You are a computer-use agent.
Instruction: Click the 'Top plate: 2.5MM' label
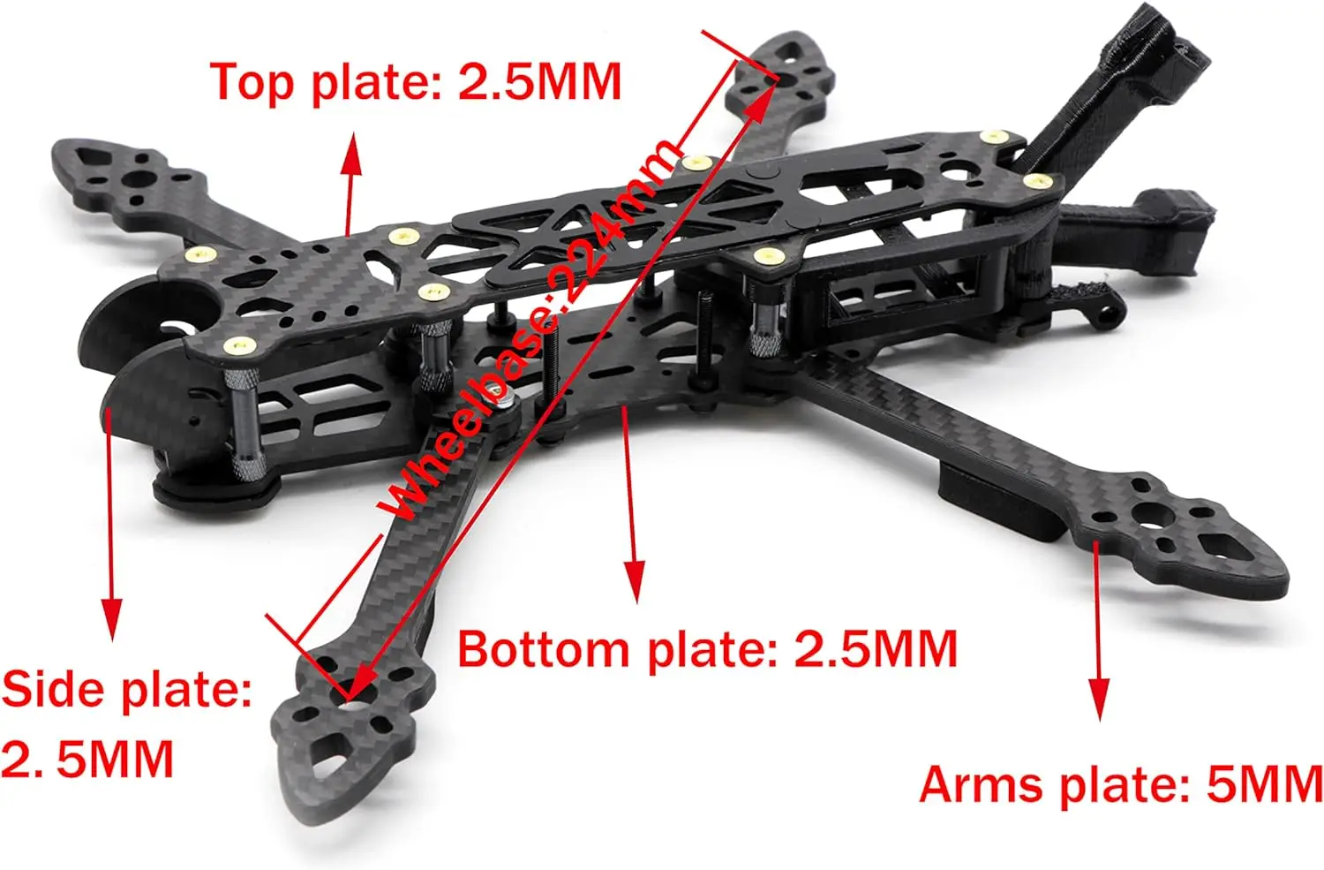tap(416, 82)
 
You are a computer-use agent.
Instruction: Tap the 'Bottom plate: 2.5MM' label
tap(707, 649)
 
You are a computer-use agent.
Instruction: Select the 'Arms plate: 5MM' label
tap(1121, 783)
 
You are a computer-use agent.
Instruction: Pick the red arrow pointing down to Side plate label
tap(110, 530)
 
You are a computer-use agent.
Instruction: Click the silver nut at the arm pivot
tap(506, 404)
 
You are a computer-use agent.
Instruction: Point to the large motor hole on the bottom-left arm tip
tap(357, 695)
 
